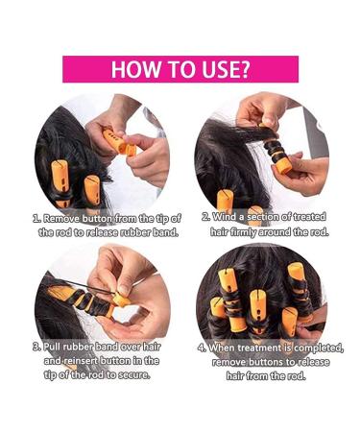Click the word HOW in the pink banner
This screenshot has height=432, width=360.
click(134, 69)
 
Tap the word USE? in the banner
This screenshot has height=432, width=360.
click(224, 69)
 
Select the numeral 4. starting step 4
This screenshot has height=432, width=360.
click(203, 347)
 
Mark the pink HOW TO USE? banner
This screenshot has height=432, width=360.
click(180, 69)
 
